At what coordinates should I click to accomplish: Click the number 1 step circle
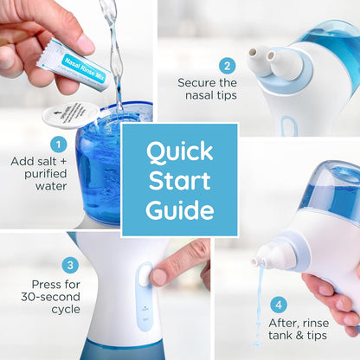tap(58, 144)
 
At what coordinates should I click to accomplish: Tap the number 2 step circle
tap(228, 65)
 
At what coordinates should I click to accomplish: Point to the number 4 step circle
tap(279, 305)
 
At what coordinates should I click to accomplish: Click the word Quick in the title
tap(180, 152)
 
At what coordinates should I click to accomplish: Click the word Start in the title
tap(180, 181)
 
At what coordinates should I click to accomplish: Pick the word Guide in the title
tap(180, 209)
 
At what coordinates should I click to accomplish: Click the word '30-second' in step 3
tap(58, 299)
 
